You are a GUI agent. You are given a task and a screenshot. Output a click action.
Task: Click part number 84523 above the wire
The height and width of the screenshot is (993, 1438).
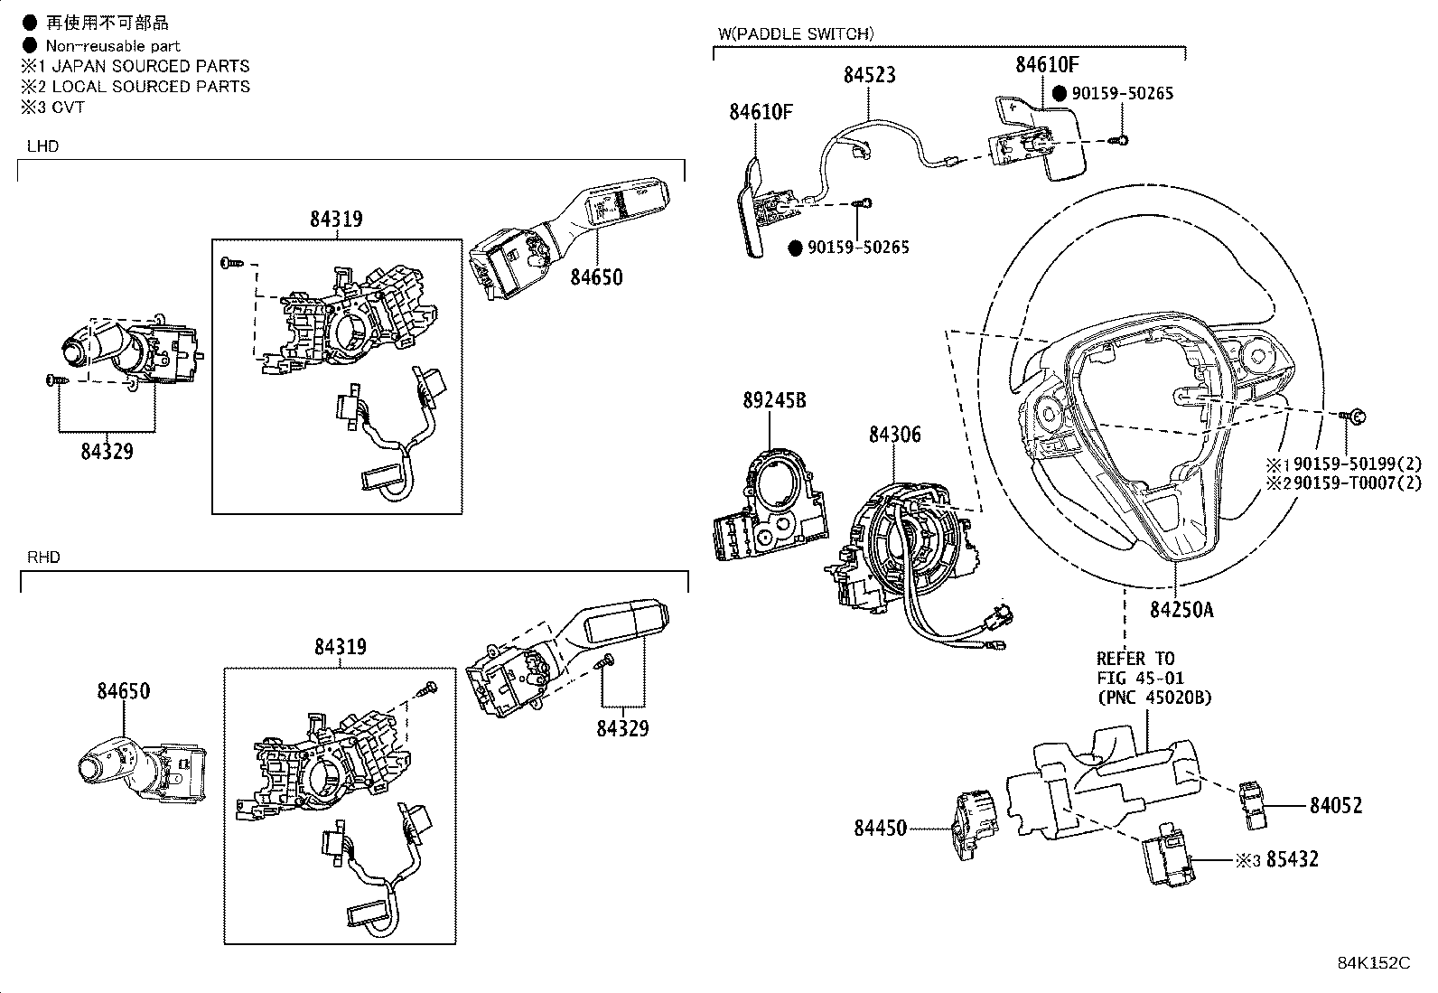point(869,76)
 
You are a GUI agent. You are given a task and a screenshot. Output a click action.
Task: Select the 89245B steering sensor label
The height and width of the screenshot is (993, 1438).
point(774,400)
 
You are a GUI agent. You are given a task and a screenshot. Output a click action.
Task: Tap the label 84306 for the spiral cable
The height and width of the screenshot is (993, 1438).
point(894,435)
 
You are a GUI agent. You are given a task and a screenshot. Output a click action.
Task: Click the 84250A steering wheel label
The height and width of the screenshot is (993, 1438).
point(1181,610)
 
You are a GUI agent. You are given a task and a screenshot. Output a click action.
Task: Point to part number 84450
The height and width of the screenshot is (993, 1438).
point(880,827)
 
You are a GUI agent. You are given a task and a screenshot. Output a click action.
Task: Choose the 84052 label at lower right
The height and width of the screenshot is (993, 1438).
point(1336,805)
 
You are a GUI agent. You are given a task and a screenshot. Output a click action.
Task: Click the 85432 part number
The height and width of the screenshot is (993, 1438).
point(1292,859)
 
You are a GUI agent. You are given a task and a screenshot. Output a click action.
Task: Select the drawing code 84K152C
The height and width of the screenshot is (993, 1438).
point(1373,963)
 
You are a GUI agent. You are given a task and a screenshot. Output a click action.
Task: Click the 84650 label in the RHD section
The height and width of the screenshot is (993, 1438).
point(124,691)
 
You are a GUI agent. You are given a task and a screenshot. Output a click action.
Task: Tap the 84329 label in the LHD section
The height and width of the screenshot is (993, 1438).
point(107,452)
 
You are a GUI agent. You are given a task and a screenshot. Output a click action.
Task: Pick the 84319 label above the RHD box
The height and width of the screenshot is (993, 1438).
point(341,647)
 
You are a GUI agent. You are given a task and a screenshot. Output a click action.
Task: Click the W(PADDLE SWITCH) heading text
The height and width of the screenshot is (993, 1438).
point(795,34)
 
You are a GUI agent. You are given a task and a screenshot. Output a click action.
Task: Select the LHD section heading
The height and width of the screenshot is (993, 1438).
point(42,146)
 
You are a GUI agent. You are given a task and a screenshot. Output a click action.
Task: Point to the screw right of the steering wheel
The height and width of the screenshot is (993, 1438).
point(1354,416)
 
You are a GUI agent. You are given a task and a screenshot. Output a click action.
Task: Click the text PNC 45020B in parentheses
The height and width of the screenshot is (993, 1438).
point(1154,698)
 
